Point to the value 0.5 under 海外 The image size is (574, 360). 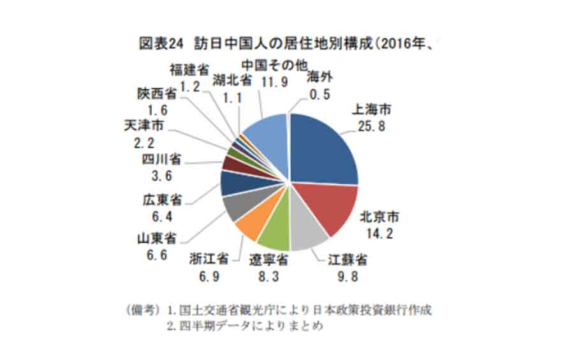(x=319, y=94)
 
